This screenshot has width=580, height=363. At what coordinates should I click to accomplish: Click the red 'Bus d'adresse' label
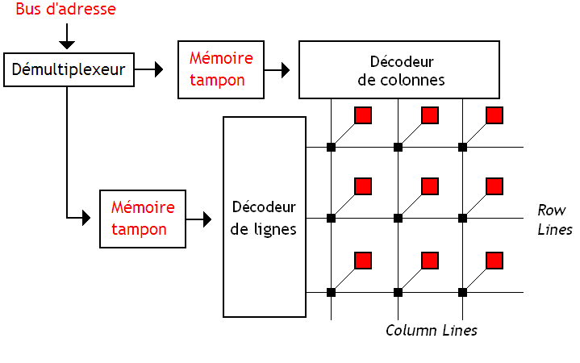(66, 10)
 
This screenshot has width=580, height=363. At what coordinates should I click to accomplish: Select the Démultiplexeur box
(68, 70)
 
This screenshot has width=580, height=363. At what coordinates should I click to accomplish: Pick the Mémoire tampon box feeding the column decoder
(221, 70)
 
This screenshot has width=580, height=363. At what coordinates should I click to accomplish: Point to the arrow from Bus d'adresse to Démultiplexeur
(67, 36)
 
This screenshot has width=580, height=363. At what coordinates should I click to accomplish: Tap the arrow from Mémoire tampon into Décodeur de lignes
(202, 218)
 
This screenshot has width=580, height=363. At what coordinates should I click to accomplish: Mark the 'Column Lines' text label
(431, 330)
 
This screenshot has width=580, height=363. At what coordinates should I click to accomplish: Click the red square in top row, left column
(363, 115)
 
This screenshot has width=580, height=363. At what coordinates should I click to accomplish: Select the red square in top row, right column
(494, 115)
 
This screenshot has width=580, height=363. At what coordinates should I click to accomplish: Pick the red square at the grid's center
(429, 186)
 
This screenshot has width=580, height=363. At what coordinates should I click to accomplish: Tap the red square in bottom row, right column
(494, 260)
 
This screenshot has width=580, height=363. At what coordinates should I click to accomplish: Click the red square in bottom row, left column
(363, 260)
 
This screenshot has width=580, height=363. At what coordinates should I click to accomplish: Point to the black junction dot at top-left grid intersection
(331, 147)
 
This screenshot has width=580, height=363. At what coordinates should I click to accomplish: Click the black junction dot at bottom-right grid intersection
(462, 291)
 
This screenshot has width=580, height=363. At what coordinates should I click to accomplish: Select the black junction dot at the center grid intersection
(397, 218)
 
